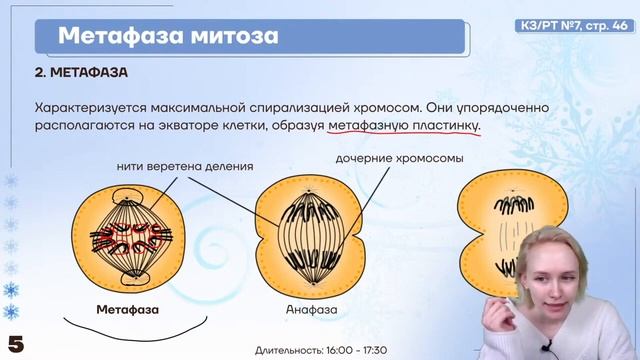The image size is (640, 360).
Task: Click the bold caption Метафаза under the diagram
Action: coord(127,309)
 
